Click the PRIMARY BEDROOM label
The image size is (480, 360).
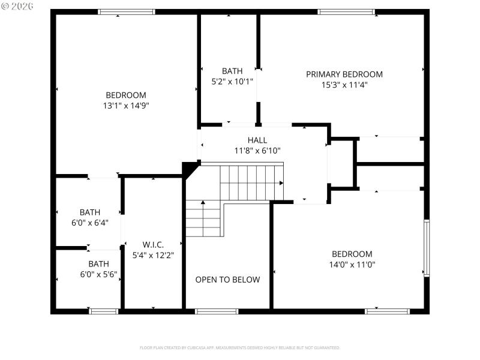coord(344,74)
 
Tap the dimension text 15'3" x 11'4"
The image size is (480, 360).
coord(344,85)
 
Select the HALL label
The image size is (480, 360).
coord(257,140)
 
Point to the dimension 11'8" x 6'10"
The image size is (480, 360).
coord(257,151)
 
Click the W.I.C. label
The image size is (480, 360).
coord(153,245)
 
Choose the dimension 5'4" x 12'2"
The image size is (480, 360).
coord(153,256)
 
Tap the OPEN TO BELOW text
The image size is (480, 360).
coord(227,280)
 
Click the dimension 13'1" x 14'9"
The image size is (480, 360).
coord(125,106)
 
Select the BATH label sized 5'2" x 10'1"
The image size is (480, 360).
coord(232,71)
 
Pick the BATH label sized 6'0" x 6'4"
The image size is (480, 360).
coord(90,212)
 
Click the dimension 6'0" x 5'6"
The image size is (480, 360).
coord(90,275)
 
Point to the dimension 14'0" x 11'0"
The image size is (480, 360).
coord(352,265)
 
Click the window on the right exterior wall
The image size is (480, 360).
coord(427,248)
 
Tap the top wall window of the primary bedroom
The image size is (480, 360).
coord(346,11)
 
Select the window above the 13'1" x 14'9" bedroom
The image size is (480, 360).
coord(126,11)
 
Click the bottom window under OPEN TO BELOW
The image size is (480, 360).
coord(217,311)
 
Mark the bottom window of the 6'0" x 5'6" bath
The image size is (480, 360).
coord(103,311)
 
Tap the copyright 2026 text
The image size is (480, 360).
coord(17,5)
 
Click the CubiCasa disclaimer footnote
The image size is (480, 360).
coord(240,347)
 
